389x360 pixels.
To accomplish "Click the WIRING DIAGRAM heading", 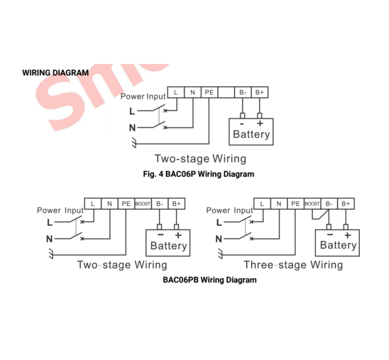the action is (x=55, y=73).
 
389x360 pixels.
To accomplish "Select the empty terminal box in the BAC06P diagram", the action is (x=226, y=93).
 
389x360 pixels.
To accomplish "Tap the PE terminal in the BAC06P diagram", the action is (x=209, y=93).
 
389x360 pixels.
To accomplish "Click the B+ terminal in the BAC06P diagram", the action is (x=260, y=93).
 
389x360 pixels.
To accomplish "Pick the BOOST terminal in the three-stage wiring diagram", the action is (x=312, y=203).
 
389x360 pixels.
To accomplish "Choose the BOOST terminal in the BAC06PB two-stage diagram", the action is (x=142, y=203).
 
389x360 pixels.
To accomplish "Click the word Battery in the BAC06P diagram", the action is (x=251, y=134).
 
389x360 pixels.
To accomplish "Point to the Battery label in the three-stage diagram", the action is (x=338, y=245).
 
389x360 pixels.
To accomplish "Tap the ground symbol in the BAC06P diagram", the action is (x=134, y=142).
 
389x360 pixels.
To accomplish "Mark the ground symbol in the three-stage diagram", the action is (x=220, y=254).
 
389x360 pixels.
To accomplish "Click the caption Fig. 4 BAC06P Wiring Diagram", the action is (x=199, y=174).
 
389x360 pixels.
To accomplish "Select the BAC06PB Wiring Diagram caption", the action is (x=209, y=280).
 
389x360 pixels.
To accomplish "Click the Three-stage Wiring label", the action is (x=293, y=265).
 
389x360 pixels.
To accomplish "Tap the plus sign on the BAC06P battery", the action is (x=260, y=123).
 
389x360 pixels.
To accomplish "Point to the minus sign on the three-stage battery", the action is (x=330, y=234).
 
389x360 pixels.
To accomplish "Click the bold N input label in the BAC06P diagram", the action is (x=132, y=128).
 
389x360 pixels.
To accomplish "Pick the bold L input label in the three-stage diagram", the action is (x=219, y=222).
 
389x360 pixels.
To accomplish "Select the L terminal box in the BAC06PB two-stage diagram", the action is (x=93, y=203).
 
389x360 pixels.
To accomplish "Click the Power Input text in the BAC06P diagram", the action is (x=143, y=97).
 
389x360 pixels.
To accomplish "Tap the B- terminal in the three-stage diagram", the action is (x=329, y=203).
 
